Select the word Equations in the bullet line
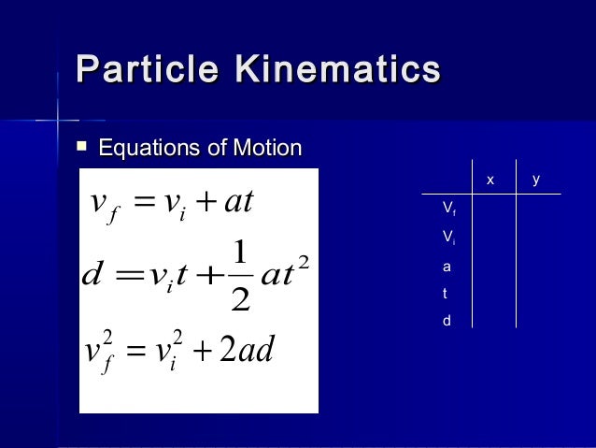pyautogui.click(x=147, y=148)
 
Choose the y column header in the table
pyautogui.click(x=536, y=179)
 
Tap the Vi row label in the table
pyautogui.click(x=448, y=236)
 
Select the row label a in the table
pyautogui.click(x=447, y=266)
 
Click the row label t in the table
pyautogui.click(x=446, y=293)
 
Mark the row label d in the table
pyautogui.click(x=447, y=320)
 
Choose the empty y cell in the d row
pyautogui.click(x=538, y=320)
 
